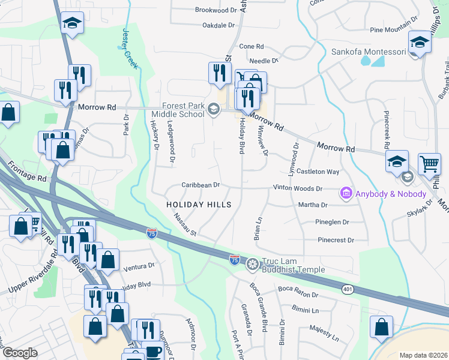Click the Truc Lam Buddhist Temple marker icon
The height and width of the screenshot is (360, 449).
click(x=253, y=263)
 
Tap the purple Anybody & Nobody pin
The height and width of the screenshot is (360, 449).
click(x=346, y=193)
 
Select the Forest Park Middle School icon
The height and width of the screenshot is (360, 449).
click(x=214, y=109)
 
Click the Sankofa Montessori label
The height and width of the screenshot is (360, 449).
click(x=369, y=52)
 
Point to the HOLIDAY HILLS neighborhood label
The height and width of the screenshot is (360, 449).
click(x=199, y=205)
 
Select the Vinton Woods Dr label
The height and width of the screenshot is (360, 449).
click(x=298, y=188)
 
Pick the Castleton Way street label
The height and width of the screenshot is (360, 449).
click(x=318, y=172)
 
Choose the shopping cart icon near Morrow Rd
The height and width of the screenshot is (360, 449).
click(x=430, y=163)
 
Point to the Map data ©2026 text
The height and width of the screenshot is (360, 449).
click(x=423, y=355)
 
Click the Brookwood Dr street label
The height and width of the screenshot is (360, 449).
click(x=216, y=10)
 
